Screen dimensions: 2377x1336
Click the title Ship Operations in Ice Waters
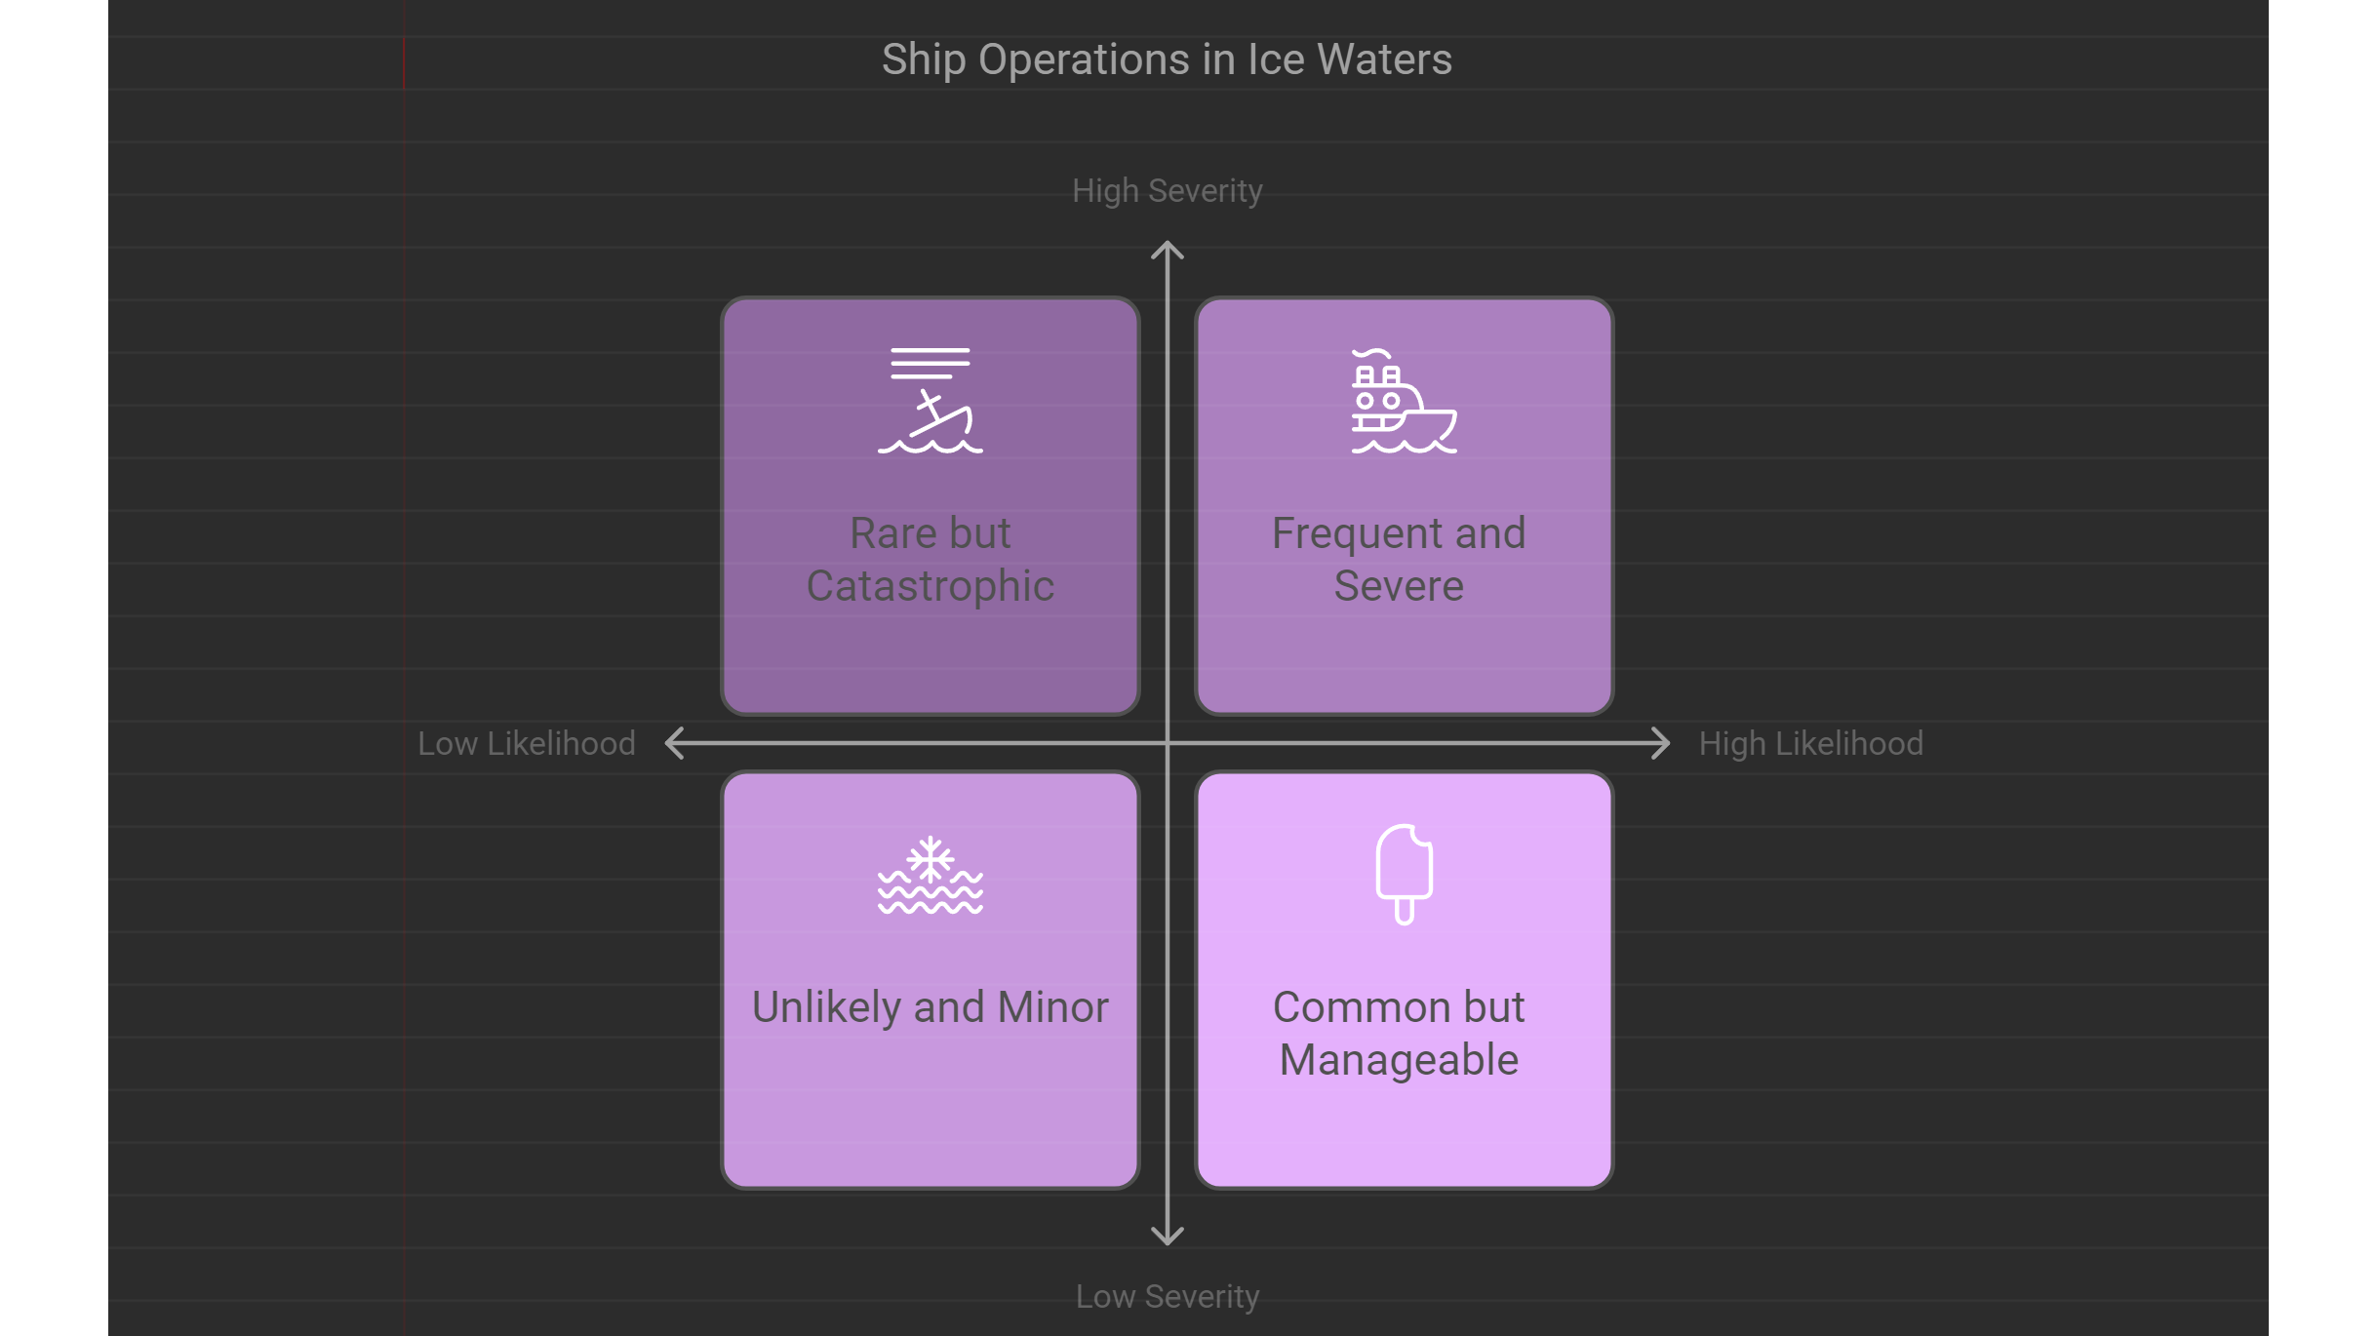(x=1167, y=60)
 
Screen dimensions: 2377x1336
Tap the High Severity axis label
(x=1167, y=191)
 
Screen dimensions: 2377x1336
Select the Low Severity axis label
(x=1167, y=1297)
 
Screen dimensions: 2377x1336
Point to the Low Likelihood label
(x=527, y=743)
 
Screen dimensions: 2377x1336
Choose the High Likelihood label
(x=1811, y=743)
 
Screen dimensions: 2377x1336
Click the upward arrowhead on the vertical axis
(x=1168, y=250)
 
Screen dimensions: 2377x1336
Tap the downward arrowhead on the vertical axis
(x=1168, y=1237)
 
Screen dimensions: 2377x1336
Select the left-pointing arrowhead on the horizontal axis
(x=674, y=743)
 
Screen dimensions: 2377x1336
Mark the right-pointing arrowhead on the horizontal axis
(x=1660, y=743)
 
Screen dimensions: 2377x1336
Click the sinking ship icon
(x=931, y=401)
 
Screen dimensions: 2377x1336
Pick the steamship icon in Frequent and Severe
(x=1404, y=401)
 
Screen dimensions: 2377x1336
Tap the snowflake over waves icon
(x=931, y=875)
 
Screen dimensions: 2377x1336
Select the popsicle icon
(x=1404, y=875)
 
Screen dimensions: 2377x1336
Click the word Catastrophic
(x=931, y=586)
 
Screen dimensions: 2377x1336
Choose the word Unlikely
(x=825, y=1007)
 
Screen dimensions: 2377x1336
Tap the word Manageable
(x=1399, y=1060)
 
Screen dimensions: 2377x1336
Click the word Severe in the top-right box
(x=1399, y=586)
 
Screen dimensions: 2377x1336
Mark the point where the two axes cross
(x=1168, y=743)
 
